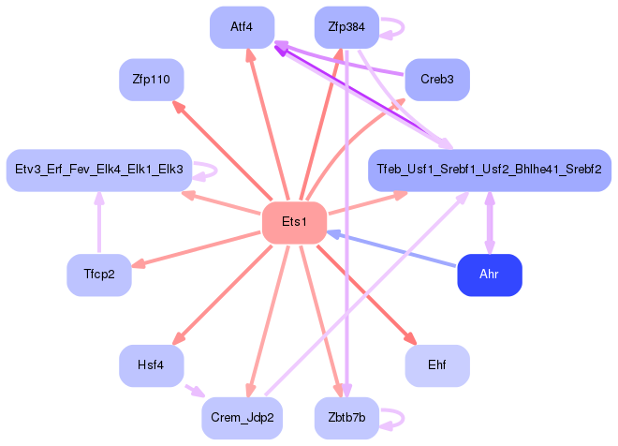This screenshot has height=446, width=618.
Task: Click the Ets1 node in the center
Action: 294,223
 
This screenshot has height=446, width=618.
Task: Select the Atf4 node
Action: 242,27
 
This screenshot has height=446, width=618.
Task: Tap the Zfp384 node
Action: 346,27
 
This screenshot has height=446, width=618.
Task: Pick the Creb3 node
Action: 437,80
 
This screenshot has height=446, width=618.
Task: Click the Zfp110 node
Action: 151,80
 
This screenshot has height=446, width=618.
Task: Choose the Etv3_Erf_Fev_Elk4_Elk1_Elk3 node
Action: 99,171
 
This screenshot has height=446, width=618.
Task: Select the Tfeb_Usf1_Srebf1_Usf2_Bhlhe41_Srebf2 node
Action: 489,171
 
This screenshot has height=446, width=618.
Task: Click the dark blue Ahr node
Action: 489,275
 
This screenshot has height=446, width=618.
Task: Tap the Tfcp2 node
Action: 98,275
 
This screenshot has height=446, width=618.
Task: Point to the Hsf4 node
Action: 151,365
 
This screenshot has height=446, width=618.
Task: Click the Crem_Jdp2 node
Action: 242,418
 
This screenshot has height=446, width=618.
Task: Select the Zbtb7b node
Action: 346,418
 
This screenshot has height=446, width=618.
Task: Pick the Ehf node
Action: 437,365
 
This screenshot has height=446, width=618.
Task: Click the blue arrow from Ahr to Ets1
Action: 393,249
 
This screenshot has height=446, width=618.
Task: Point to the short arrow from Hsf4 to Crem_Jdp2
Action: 194,390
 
